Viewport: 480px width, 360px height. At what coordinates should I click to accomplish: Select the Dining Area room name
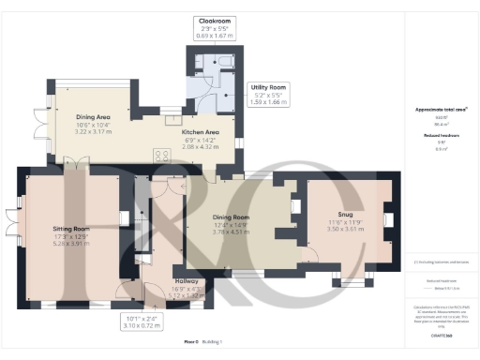(93, 117)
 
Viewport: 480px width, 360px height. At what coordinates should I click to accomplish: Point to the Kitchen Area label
(200, 132)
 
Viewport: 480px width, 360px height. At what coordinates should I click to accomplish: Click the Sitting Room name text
(70, 228)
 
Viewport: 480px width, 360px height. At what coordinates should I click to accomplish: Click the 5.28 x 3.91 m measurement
(70, 242)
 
